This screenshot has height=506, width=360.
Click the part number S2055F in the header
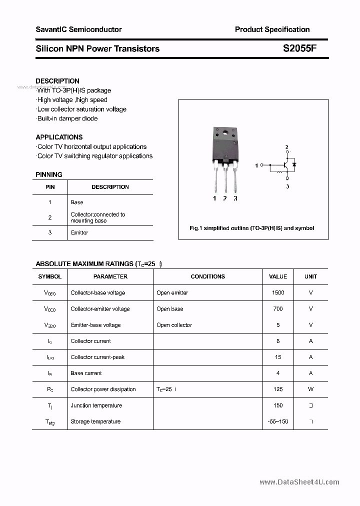pos(299,48)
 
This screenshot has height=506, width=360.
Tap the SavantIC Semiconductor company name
pos(78,29)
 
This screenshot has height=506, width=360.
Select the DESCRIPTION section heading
pos(57,81)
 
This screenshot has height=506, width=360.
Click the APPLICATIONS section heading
pos(59,137)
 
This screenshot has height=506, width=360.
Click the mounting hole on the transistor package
pos(225,133)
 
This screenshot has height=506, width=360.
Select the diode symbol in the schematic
pos(294,164)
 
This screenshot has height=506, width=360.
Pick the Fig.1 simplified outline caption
pos(252,228)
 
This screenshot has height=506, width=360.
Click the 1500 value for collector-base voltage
pos(278,293)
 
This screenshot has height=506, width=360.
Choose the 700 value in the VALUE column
pos(278,309)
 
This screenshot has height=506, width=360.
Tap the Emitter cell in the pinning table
pos(79,232)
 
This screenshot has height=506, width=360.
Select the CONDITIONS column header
pos(207,276)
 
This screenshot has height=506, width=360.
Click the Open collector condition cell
pos(174,325)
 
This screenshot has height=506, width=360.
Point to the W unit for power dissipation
pos(310,389)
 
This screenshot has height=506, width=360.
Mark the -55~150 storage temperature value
pos(278,421)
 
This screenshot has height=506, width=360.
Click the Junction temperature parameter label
pos(96,405)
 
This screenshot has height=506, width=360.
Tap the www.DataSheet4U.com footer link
pos(299,482)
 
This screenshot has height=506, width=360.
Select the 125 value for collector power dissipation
pos(278,389)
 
